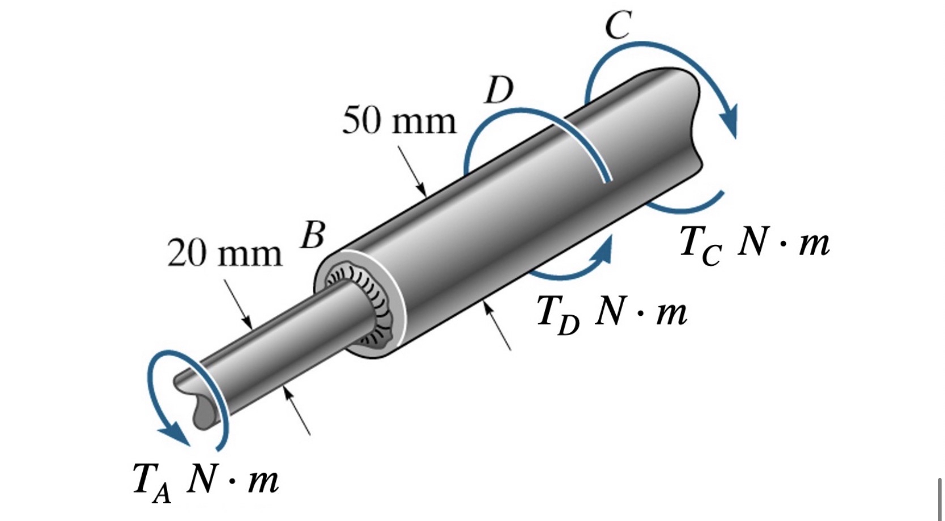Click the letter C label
[x=618, y=26]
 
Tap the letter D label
[x=499, y=90]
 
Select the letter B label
[x=312, y=235]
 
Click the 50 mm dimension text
[x=399, y=122]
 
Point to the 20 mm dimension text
[x=224, y=253]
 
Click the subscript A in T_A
[x=162, y=493]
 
